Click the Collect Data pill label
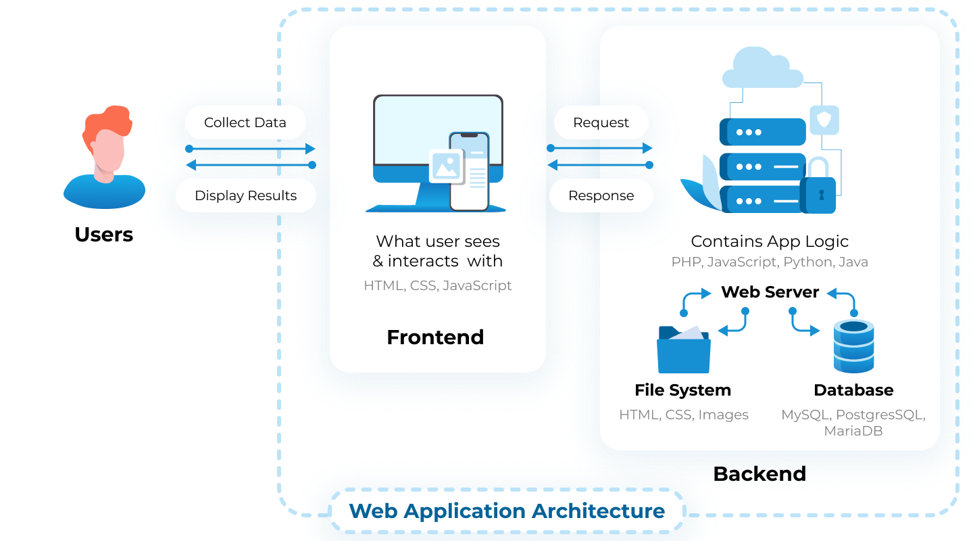[x=245, y=122]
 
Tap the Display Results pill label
[x=245, y=195]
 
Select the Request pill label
[x=601, y=122]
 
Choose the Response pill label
[x=601, y=195]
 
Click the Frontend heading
[x=435, y=337]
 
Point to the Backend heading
[x=759, y=473]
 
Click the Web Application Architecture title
[x=507, y=511]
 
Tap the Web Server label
[x=770, y=292]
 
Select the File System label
[x=682, y=390]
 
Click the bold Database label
[x=853, y=390]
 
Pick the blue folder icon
[x=683, y=350]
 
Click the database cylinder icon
[x=853, y=346]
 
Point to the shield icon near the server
[x=824, y=120]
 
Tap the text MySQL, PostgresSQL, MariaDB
[x=853, y=423]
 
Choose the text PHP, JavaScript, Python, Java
[x=770, y=262]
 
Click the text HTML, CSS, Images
[x=683, y=415]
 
